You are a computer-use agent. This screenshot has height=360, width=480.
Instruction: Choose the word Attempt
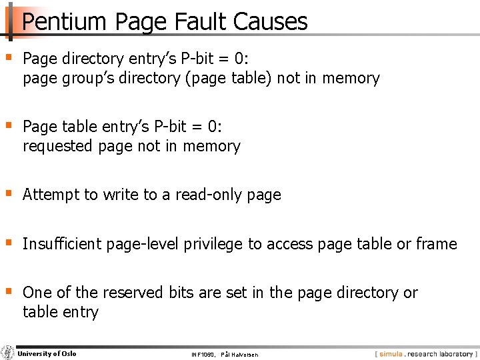[x=51, y=195]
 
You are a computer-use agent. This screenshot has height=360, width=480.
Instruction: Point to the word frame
[x=436, y=244]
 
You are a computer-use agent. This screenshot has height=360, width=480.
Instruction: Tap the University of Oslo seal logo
[x=8, y=353]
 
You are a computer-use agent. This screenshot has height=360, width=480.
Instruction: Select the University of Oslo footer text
[x=47, y=353]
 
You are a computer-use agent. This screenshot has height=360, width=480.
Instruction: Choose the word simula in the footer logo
[x=391, y=354]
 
